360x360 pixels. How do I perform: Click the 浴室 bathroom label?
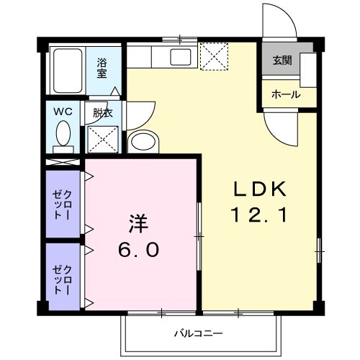(x=102, y=68)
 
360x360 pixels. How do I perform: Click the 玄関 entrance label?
(x=281, y=60)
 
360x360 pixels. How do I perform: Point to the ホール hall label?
(x=284, y=94)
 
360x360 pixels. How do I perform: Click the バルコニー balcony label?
(x=197, y=333)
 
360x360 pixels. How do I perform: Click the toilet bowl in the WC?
(x=63, y=134)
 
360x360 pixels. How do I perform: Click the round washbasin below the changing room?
(x=144, y=140)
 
